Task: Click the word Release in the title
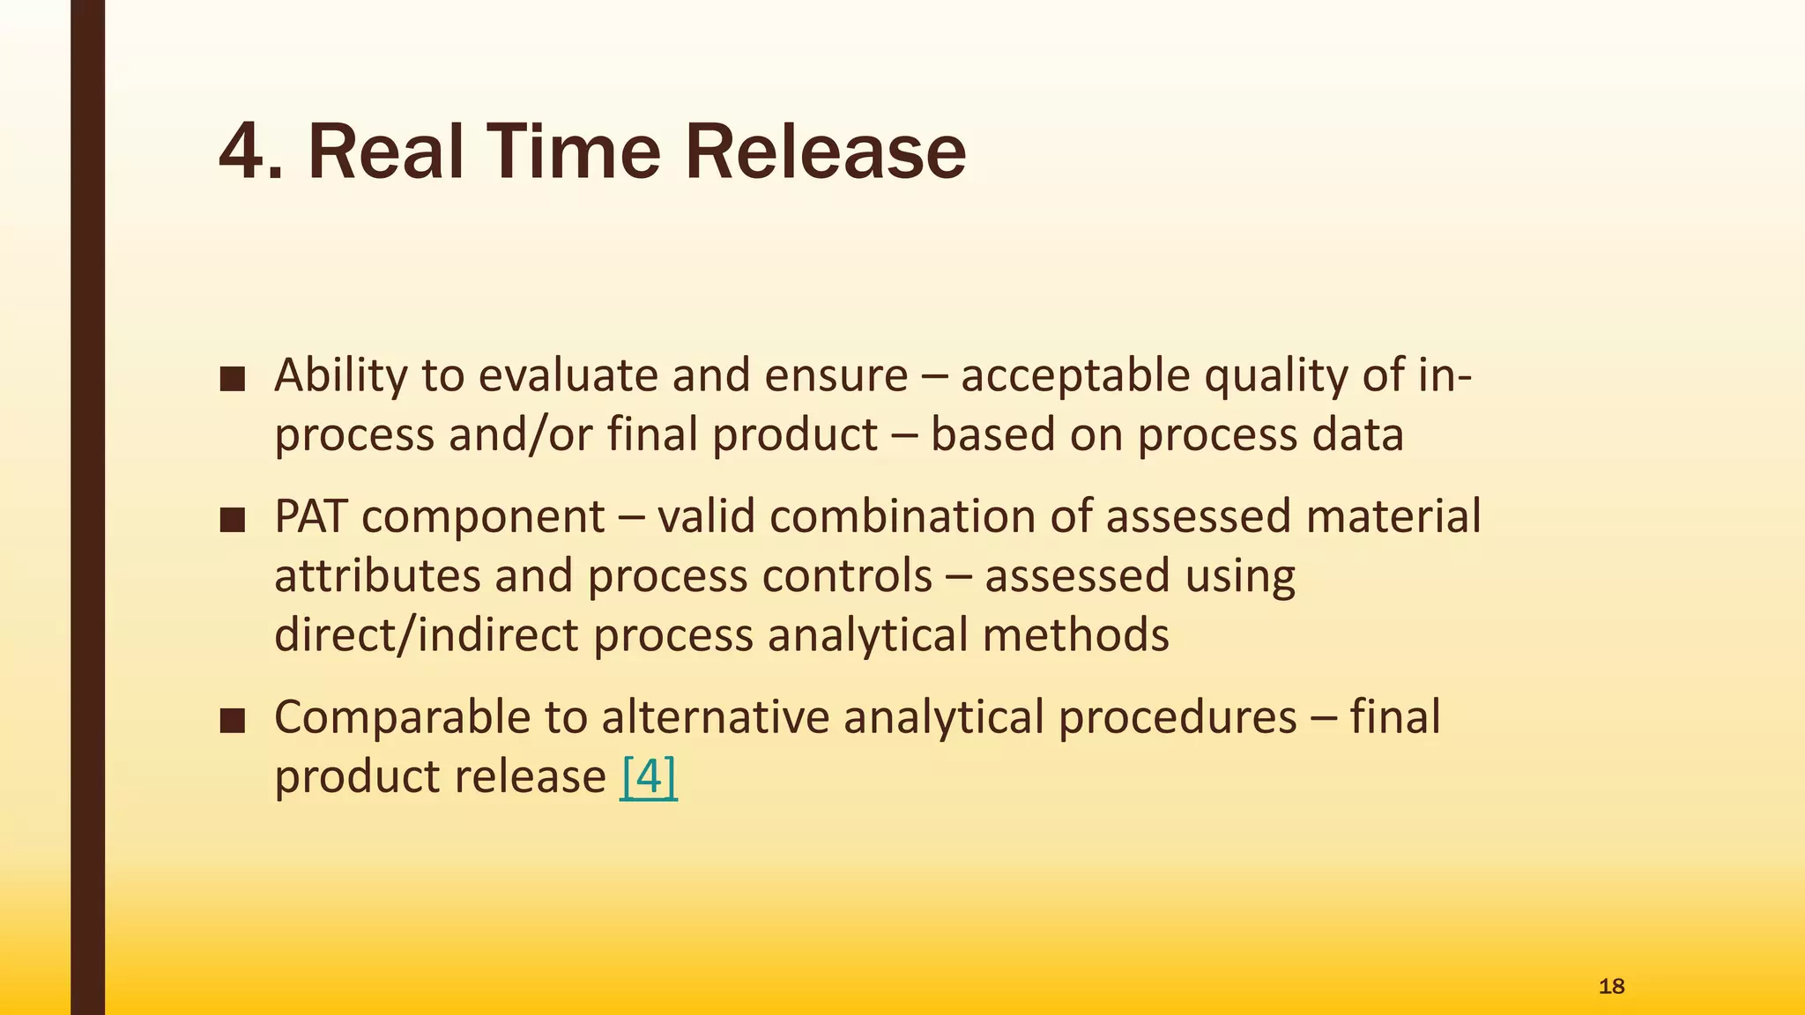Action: [x=825, y=152]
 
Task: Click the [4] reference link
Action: [x=649, y=776]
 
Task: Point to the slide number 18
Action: [x=1611, y=986]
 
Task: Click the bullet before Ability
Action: [x=233, y=378]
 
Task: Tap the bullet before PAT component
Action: [x=233, y=519]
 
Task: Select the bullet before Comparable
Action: [x=233, y=720]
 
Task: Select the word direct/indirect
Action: [x=426, y=634]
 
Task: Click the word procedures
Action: [x=1177, y=717]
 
